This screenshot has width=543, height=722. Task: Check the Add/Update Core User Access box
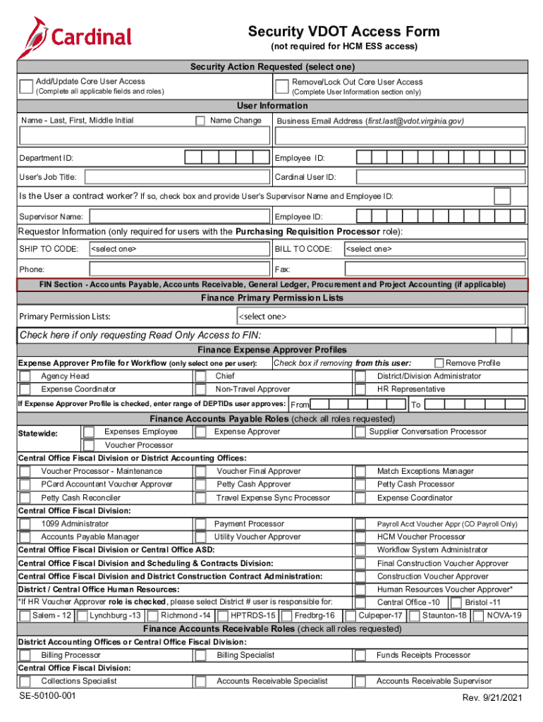pyautogui.click(x=26, y=87)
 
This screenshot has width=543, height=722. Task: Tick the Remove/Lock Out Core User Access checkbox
pyautogui.click(x=281, y=87)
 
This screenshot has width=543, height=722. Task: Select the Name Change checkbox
pyautogui.click(x=201, y=121)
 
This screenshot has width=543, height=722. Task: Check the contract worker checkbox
pyautogui.click(x=503, y=195)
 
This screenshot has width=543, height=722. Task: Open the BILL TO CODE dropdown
pyautogui.click(x=434, y=249)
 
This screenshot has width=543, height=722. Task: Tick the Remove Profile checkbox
pyautogui.click(x=439, y=363)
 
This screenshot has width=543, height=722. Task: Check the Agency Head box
pyautogui.click(x=25, y=377)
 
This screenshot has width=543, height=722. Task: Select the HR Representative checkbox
pyautogui.click(x=360, y=389)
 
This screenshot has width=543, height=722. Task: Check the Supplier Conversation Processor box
pyautogui.click(x=360, y=432)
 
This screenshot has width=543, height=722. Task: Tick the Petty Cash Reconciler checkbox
pyautogui.click(x=25, y=498)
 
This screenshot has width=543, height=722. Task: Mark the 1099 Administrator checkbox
pyautogui.click(x=25, y=524)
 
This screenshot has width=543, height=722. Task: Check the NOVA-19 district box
pyautogui.click(x=480, y=616)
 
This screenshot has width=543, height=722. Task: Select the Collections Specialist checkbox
pyautogui.click(x=25, y=681)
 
